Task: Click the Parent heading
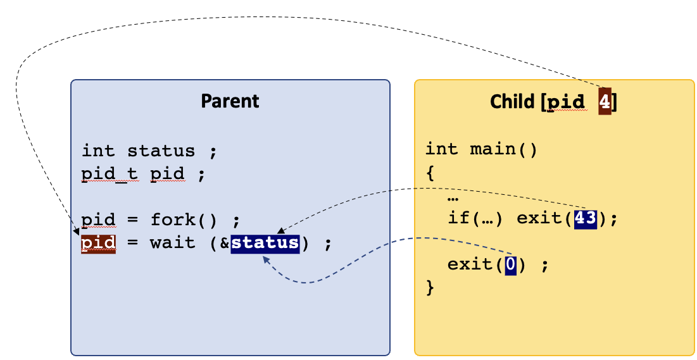click(x=230, y=101)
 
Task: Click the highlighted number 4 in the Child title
click(x=605, y=102)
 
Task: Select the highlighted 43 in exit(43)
click(x=585, y=219)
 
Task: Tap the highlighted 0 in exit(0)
click(x=511, y=265)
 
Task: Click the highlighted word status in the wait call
click(x=265, y=243)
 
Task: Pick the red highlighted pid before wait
click(x=98, y=244)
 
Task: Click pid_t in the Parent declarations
click(x=110, y=173)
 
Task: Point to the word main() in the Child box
click(x=504, y=149)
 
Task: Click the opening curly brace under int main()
click(x=430, y=173)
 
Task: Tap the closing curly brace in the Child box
click(x=430, y=287)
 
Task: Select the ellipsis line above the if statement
click(x=453, y=197)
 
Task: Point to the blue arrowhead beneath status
click(x=267, y=259)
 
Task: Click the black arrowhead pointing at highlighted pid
click(x=77, y=231)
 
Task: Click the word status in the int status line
click(x=161, y=151)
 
